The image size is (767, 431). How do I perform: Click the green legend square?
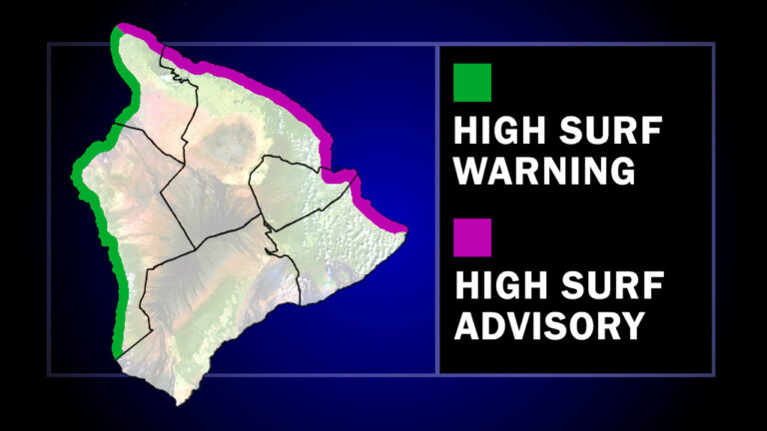pos(471,83)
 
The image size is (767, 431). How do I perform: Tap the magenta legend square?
pos(471,239)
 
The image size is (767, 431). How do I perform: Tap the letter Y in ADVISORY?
pos(627,325)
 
